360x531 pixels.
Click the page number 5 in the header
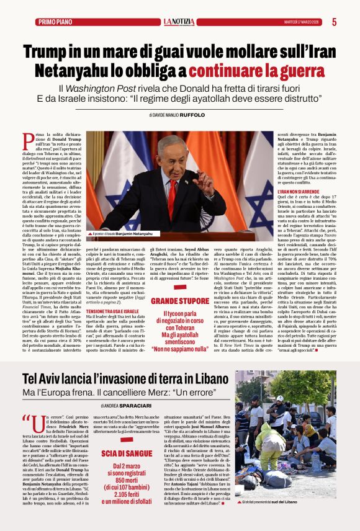pyautogui.click(x=334, y=22)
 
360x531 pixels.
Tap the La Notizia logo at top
pyautogui.click(x=179, y=22)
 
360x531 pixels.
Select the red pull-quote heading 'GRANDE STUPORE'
pyautogui.click(x=181, y=301)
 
